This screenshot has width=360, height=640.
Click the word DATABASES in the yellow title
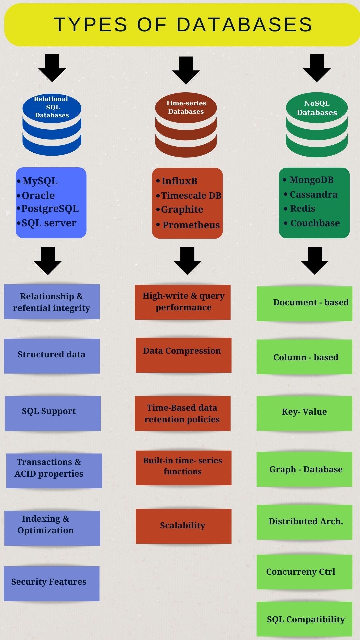(x=244, y=25)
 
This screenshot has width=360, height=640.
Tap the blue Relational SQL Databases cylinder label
(x=52, y=107)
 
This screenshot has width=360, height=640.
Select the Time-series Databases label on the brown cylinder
(x=186, y=107)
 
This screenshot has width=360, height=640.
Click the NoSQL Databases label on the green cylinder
(x=317, y=108)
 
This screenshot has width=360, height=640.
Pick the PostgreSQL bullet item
(x=50, y=209)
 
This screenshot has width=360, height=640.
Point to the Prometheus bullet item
(x=191, y=225)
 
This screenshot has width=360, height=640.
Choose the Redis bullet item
(x=302, y=209)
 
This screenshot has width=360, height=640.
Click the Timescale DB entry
(x=191, y=196)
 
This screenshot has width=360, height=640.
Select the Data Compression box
(x=183, y=355)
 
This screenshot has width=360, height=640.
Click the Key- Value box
(x=304, y=413)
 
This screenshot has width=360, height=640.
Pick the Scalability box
(x=183, y=526)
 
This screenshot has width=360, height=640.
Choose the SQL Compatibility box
(x=305, y=619)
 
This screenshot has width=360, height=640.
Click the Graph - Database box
(x=305, y=469)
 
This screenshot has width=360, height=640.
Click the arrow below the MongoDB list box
(x=315, y=260)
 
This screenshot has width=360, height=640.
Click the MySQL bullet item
(x=40, y=181)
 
